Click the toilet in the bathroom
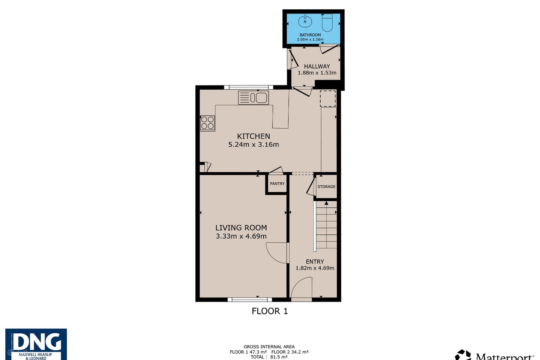click(327, 22)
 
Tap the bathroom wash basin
click(305, 21)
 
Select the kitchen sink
click(253, 97)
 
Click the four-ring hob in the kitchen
click(207, 123)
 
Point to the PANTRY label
click(277, 183)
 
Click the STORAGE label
click(326, 186)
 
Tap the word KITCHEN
click(253, 136)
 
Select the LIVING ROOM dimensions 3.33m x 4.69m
click(241, 236)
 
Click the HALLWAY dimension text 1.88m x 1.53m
click(317, 73)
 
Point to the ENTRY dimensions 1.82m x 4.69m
click(315, 268)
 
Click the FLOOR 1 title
click(270, 311)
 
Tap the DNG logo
click(36, 344)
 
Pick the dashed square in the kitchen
click(328, 98)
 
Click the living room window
click(250, 300)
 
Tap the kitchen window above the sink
click(249, 87)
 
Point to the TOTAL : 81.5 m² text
click(269, 357)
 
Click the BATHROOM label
click(310, 35)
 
